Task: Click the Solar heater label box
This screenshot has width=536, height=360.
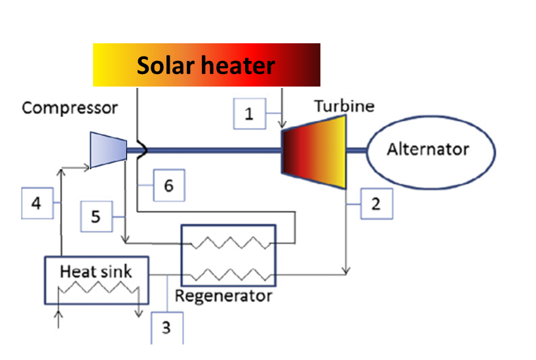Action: (206, 65)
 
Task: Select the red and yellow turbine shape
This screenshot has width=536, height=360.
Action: (313, 151)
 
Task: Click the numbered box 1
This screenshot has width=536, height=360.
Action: (249, 114)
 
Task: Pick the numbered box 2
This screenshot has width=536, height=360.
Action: (375, 204)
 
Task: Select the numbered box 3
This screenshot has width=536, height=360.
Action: (166, 327)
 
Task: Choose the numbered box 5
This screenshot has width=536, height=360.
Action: (96, 215)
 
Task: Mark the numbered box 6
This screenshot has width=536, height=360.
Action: (168, 186)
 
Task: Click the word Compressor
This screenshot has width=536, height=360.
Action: (69, 108)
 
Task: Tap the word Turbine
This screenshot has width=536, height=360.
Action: (344, 106)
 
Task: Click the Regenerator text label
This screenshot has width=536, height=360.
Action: (223, 296)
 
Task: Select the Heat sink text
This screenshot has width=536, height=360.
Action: (96, 271)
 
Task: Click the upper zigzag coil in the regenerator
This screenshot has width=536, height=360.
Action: (228, 243)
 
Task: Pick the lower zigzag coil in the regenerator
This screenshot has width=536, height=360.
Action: (228, 271)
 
